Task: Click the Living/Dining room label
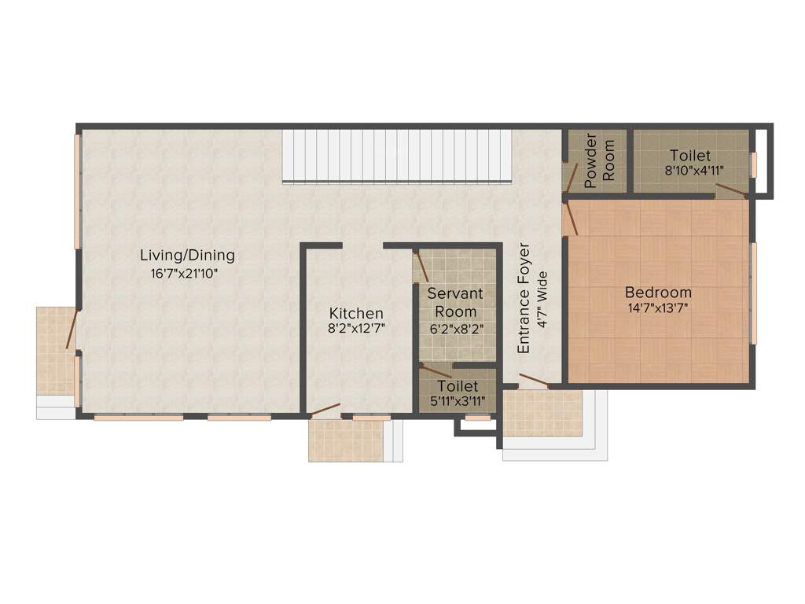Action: coord(187,256)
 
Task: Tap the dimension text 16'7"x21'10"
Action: coord(184,274)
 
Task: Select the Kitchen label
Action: coord(356,313)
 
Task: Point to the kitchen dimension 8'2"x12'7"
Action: coord(356,329)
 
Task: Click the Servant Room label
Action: coord(456,302)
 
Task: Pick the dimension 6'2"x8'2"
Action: coord(456,329)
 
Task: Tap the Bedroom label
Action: coord(658,293)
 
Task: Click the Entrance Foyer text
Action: coord(524,299)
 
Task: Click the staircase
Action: coord(396,156)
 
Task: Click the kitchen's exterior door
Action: coord(325,410)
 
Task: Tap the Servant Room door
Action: coord(421,267)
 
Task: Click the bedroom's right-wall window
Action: coord(753,293)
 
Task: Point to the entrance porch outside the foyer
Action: coord(542,413)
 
